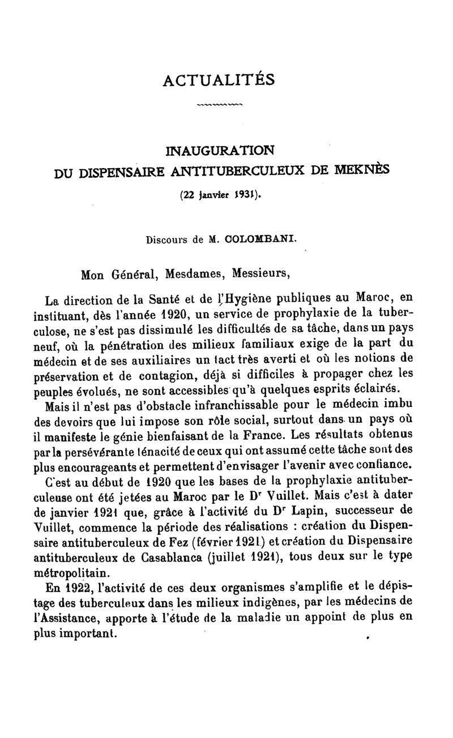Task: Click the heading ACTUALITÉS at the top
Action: point(219,80)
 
